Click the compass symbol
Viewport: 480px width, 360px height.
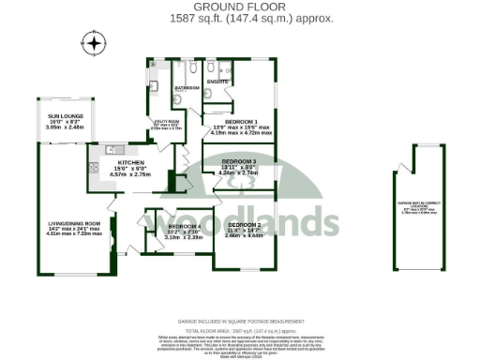[92, 43]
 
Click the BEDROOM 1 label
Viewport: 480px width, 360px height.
[241, 121]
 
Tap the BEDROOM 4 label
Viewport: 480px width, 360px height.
[185, 227]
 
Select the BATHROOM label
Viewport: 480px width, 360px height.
[187, 89]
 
